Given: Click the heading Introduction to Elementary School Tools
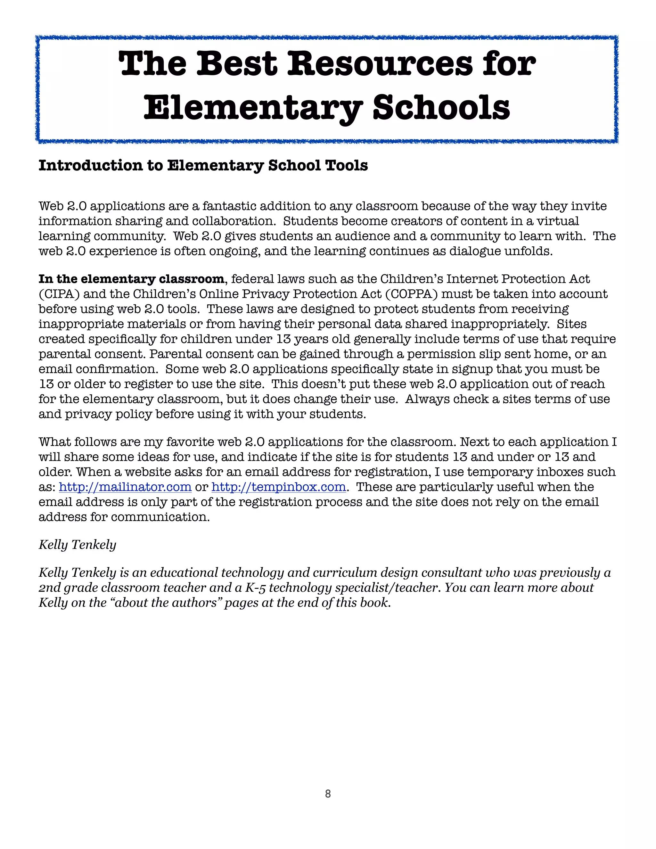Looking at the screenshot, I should coord(203,166).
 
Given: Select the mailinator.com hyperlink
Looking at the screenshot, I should coord(125,487).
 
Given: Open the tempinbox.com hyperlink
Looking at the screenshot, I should coord(279,487).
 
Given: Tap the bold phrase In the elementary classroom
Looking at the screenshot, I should coord(131,279).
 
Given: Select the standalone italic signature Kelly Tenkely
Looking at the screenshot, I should coord(77,545).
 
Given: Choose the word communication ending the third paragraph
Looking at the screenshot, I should coord(160,517).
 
